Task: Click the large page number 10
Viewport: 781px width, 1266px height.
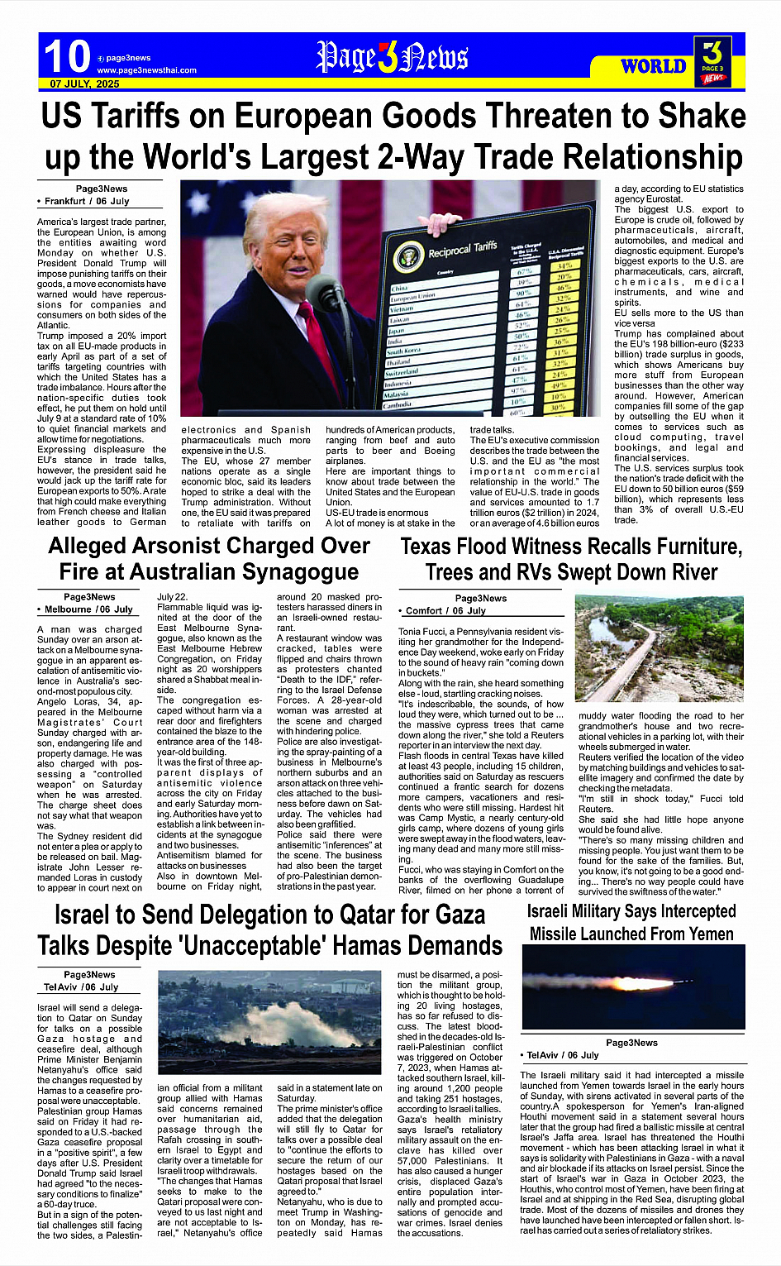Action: click(66, 57)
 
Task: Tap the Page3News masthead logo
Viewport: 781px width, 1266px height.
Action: click(392, 57)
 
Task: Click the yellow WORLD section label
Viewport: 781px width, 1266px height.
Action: click(653, 66)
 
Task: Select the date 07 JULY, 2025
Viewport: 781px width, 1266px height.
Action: click(84, 84)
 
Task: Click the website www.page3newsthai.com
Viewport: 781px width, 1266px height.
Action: click(147, 70)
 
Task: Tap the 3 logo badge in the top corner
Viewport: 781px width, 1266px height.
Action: click(712, 59)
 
